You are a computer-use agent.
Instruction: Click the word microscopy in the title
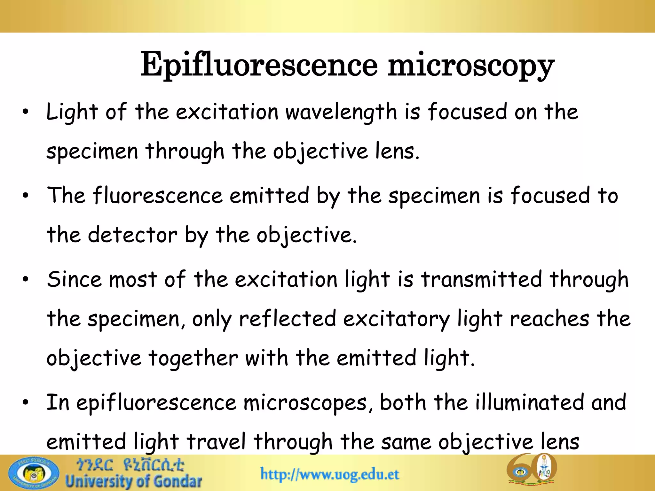tap(471, 66)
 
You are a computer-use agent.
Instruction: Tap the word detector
tap(132, 235)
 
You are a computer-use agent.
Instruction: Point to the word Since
tap(74, 279)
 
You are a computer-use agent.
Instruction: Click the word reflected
tap(288, 319)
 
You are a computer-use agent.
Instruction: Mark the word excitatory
tap(396, 319)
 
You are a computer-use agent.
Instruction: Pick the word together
tap(193, 358)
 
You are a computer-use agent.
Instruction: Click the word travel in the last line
tap(216, 442)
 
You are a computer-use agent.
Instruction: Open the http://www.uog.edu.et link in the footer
tap(330, 474)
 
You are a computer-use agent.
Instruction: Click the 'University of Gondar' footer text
tap(134, 482)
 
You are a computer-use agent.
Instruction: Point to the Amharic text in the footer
tap(130, 465)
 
